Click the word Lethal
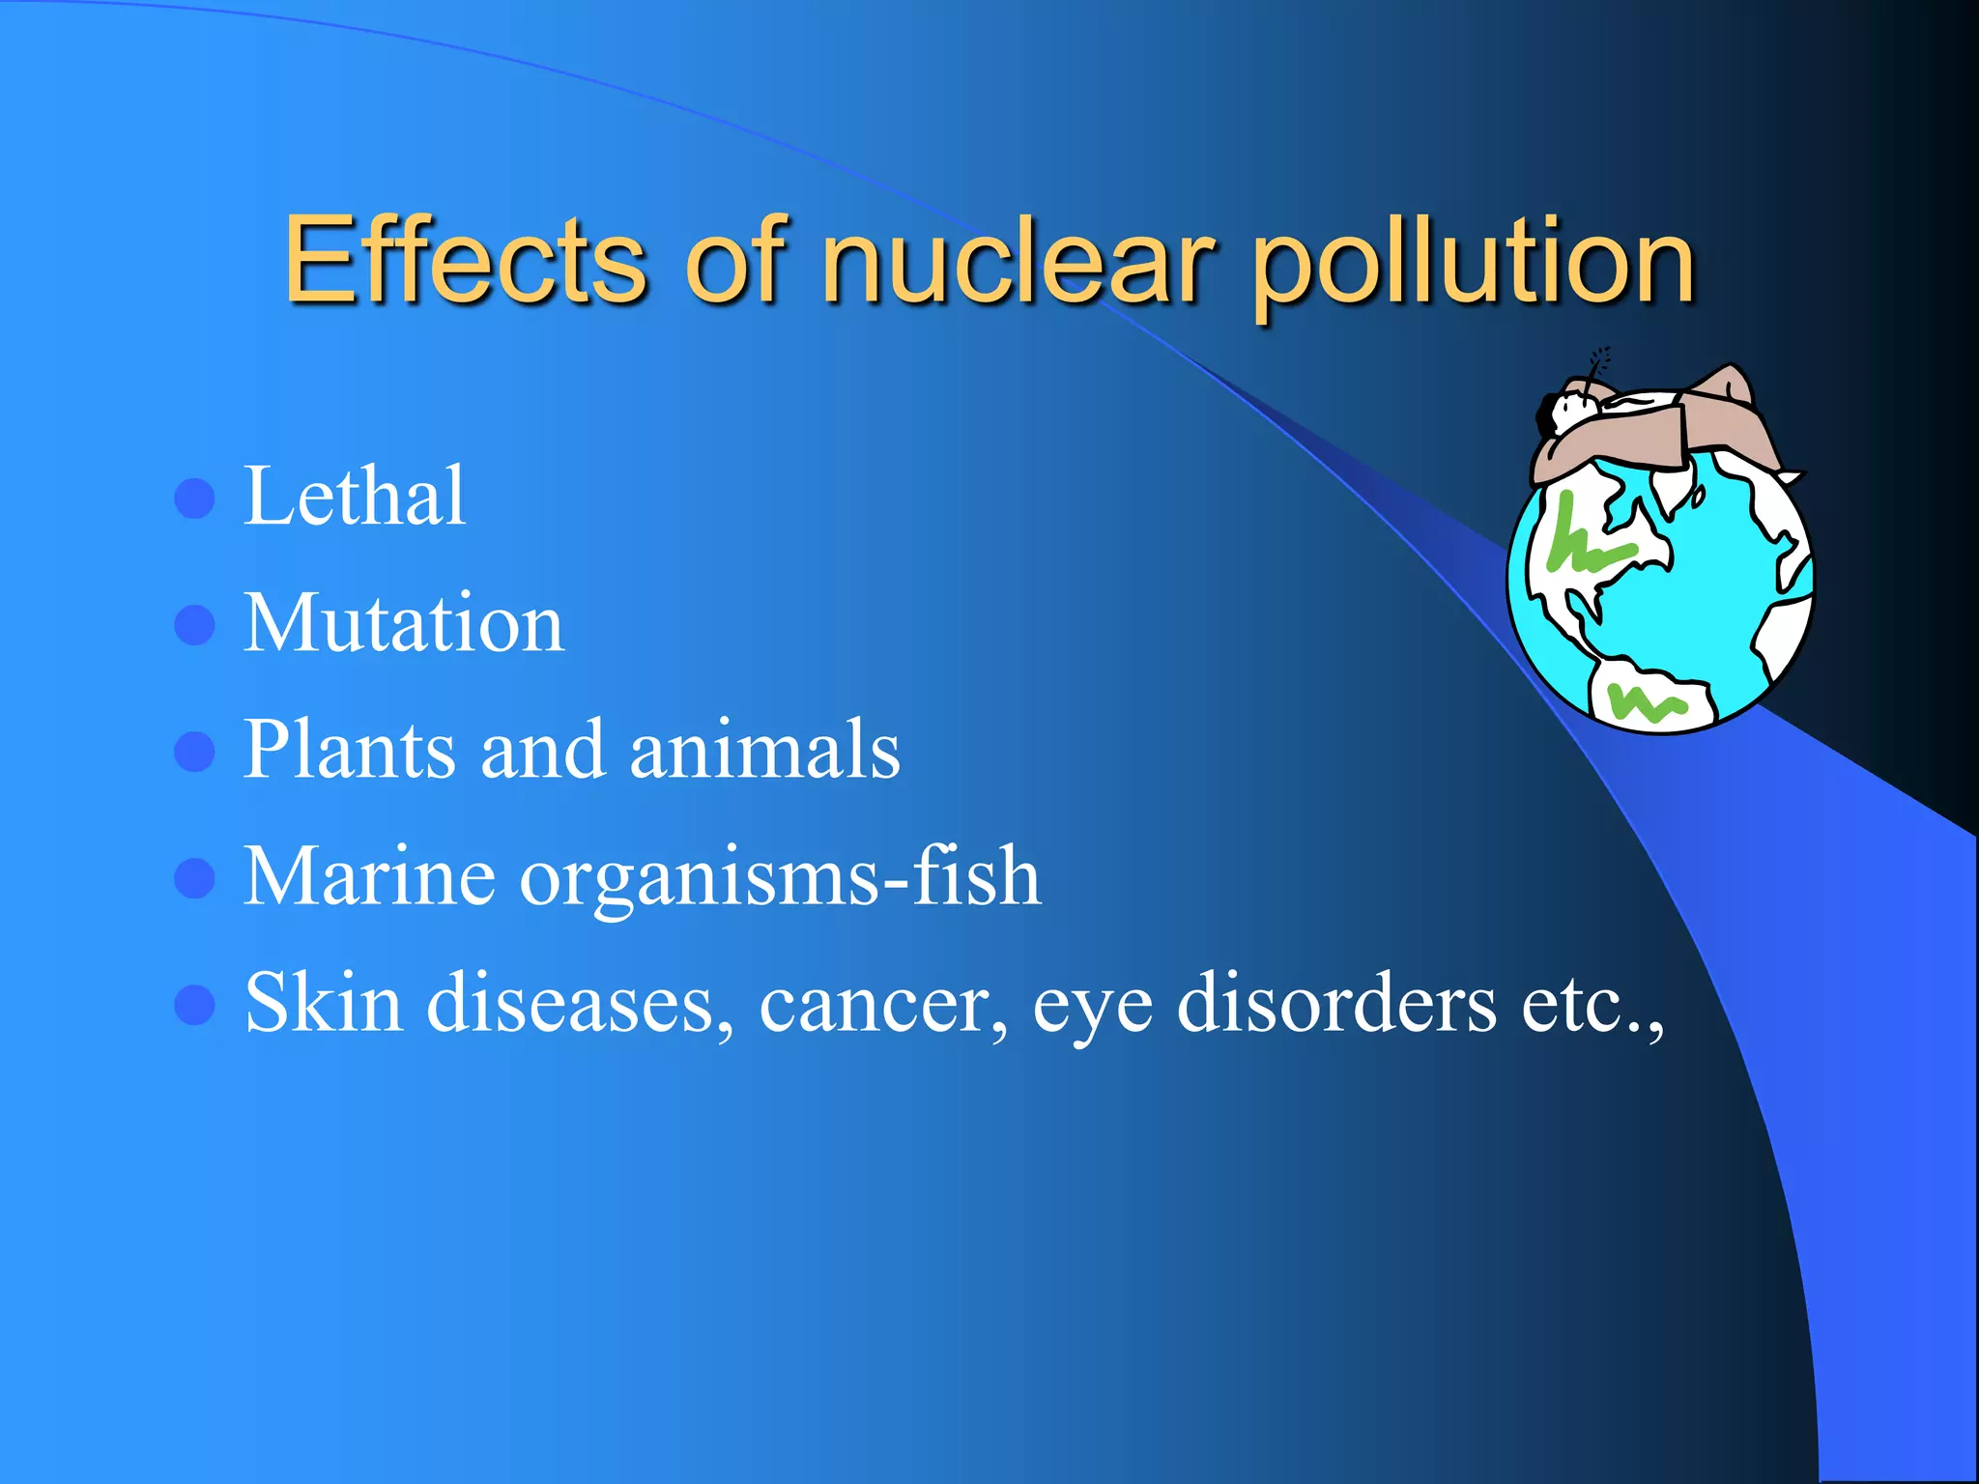coord(355,497)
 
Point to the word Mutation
coord(404,624)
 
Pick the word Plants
coord(349,750)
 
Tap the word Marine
coord(369,877)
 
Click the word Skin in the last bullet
coord(323,1004)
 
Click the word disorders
coord(1337,1004)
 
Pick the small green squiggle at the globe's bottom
coord(1645,701)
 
